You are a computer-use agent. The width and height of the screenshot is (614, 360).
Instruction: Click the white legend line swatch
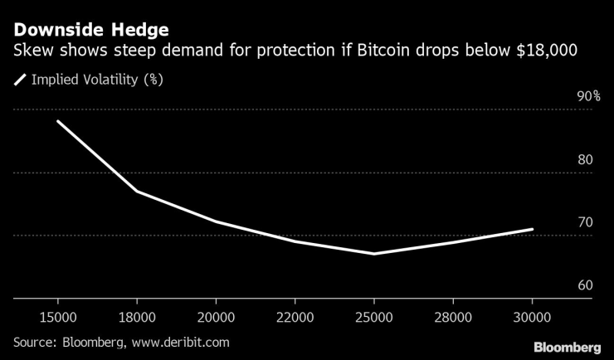point(20,80)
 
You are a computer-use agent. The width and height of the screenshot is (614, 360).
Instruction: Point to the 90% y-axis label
point(588,96)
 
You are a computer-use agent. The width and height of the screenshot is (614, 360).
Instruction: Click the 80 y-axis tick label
point(584,159)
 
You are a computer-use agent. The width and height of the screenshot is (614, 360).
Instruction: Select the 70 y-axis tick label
point(584,222)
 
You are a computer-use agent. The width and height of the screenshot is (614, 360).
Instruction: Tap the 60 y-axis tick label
point(584,285)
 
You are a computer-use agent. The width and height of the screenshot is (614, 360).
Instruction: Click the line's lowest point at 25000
point(374,254)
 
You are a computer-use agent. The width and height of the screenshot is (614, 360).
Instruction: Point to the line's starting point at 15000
point(57,121)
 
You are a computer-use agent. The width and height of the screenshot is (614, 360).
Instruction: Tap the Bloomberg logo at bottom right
point(567,347)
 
